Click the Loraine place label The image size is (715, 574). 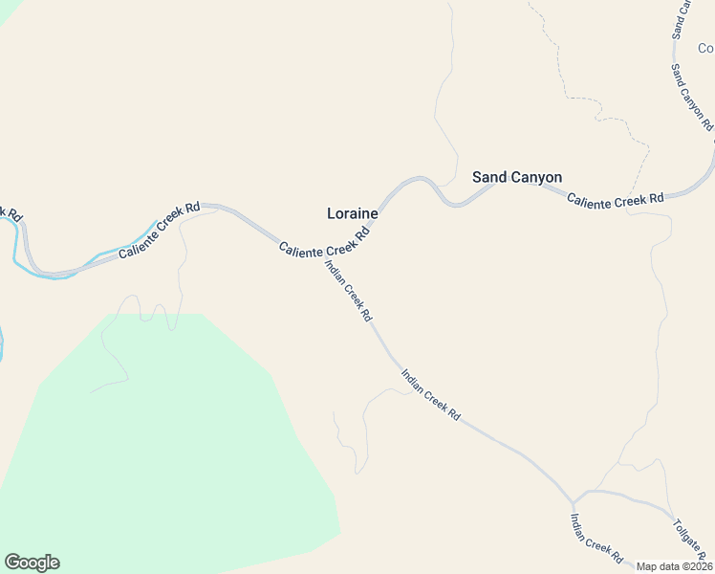[x=353, y=214]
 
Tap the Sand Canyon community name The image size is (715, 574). [x=517, y=177]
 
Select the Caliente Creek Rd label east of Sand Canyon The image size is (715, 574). [x=615, y=199]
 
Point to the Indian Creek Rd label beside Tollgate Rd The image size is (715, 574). [x=596, y=538]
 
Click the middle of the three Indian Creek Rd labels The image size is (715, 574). [x=431, y=395]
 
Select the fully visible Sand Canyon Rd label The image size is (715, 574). [x=691, y=97]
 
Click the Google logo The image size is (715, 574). [x=32, y=563]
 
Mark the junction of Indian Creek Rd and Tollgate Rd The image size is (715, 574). [x=574, y=500]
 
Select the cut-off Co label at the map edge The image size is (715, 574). [x=705, y=48]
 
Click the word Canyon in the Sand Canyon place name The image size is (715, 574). [x=537, y=177]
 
